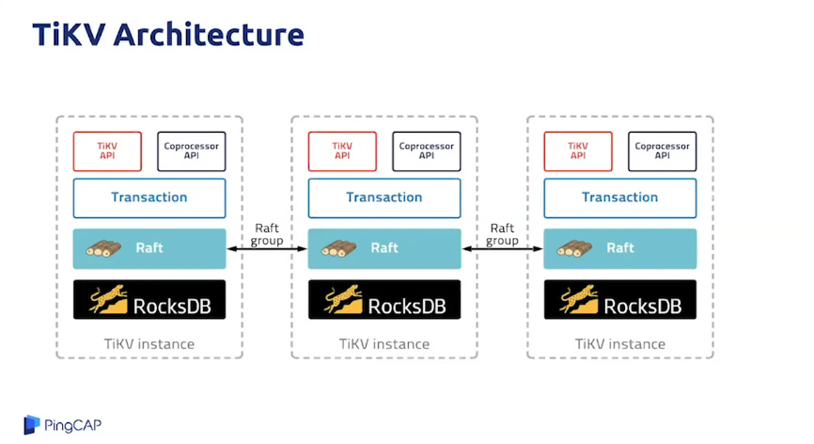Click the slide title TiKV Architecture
(168, 35)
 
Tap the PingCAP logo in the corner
(62, 425)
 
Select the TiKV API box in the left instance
(107, 151)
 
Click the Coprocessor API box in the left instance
(192, 151)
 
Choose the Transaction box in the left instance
(149, 198)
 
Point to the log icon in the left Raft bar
(103, 249)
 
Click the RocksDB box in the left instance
(149, 299)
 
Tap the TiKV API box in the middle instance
(342, 151)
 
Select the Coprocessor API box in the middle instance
(427, 151)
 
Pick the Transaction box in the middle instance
(384, 198)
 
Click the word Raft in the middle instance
(384, 248)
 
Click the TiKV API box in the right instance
(578, 151)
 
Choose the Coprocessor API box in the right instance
(663, 151)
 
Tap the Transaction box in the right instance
(620, 198)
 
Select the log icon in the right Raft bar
(574, 249)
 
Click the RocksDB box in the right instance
(620, 299)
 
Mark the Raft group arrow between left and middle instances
(267, 249)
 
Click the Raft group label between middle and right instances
(503, 234)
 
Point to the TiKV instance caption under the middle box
(384, 344)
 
